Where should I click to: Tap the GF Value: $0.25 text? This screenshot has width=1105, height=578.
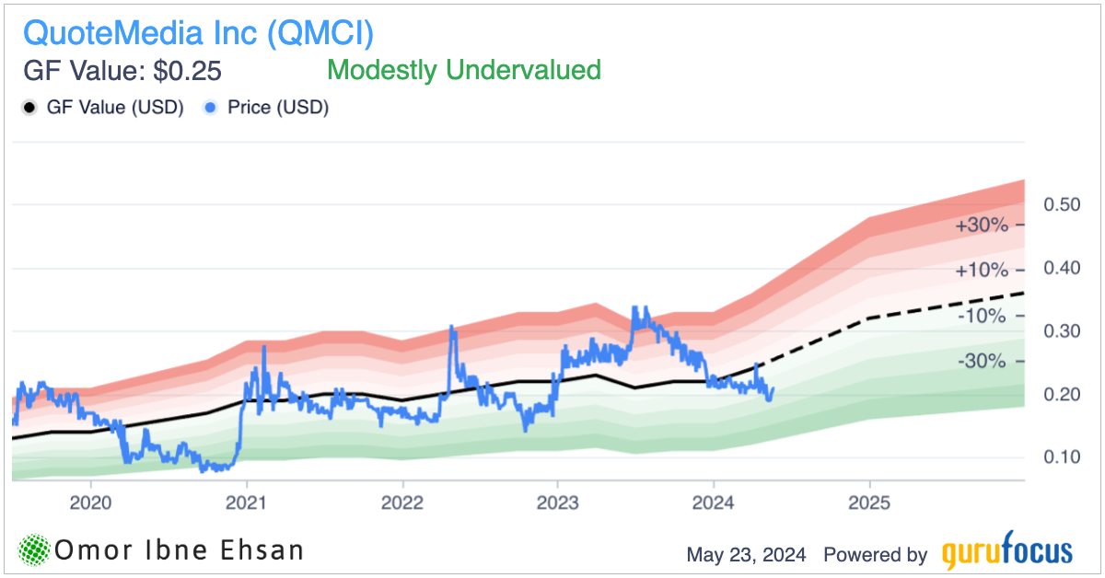pos(122,71)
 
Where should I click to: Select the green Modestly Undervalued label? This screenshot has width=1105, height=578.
pos(464,70)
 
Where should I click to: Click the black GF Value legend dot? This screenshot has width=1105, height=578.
pos(29,108)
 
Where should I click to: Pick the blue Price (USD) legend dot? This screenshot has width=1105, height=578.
pos(211,108)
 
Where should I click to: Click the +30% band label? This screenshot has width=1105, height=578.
pos(982,225)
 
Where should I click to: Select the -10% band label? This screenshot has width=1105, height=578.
pos(982,316)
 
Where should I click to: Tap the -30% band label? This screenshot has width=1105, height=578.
pos(982,361)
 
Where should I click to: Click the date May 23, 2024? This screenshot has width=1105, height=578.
pos(746,554)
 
